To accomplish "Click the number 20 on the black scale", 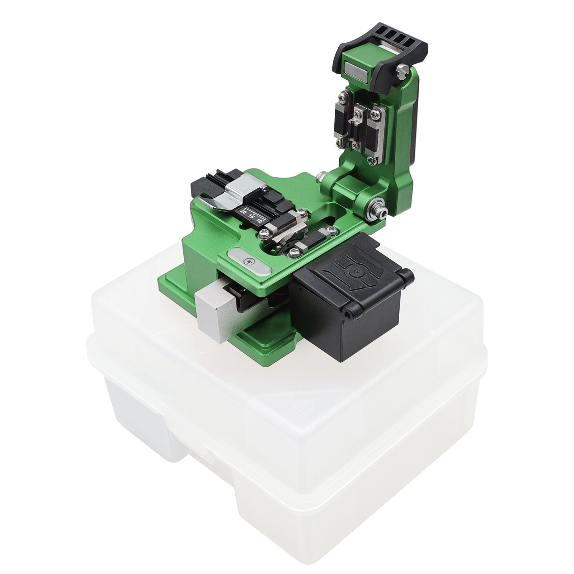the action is [x=243, y=212].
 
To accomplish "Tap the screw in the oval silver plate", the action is [x=248, y=262].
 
